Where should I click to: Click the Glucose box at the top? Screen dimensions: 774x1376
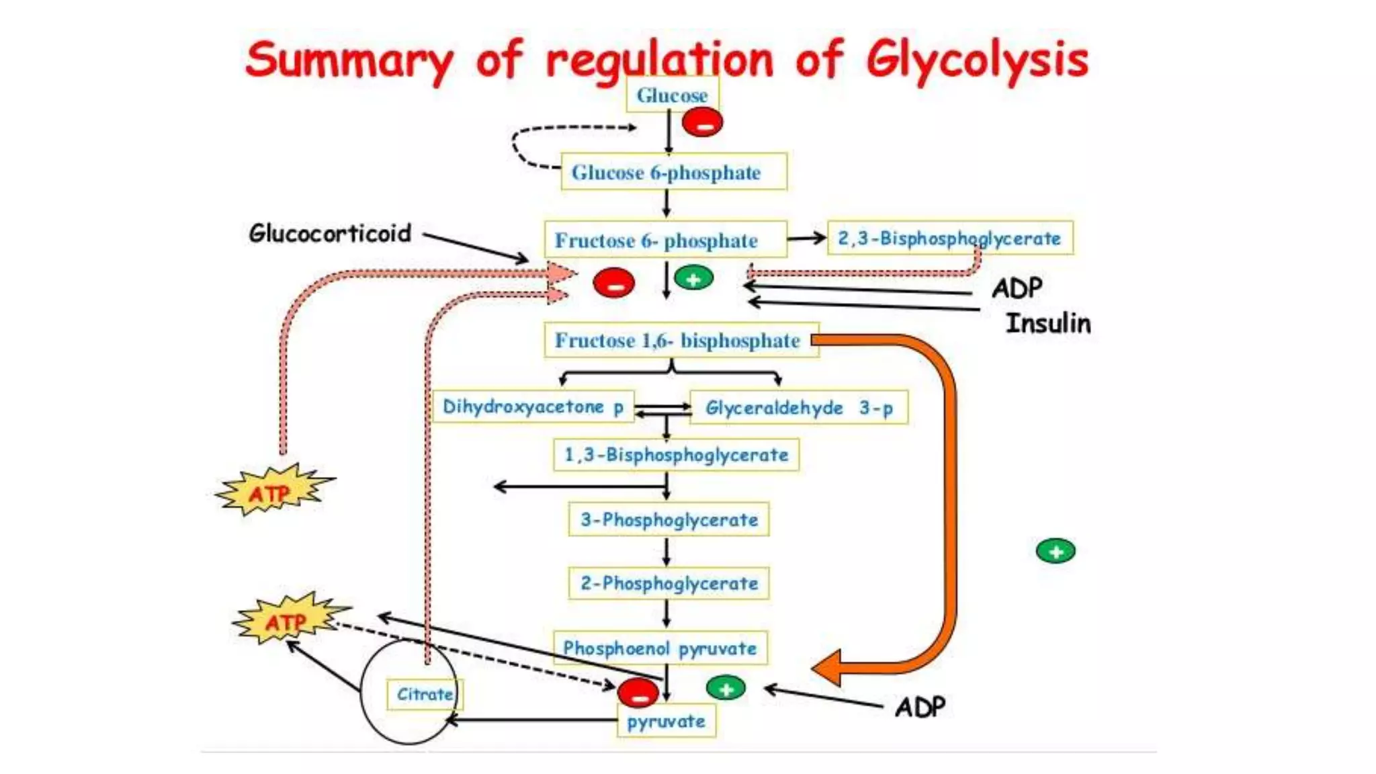click(672, 95)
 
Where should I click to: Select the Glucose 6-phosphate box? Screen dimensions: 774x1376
click(673, 172)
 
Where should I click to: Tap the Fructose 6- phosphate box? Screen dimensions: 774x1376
click(665, 240)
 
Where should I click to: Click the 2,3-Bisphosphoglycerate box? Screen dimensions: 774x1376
click(949, 238)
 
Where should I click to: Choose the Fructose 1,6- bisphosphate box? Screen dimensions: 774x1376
click(681, 341)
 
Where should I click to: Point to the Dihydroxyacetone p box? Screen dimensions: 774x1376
click(533, 407)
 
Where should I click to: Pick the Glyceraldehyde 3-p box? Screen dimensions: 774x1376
click(799, 408)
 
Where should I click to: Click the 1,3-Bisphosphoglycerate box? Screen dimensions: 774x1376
click(676, 455)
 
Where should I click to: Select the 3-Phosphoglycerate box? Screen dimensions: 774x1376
click(669, 519)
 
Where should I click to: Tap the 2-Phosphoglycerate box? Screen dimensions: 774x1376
click(669, 583)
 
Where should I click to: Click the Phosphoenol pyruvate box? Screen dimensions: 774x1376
click(660, 648)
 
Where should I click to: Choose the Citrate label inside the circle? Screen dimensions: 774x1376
click(425, 694)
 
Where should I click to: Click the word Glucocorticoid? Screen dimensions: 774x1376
click(330, 233)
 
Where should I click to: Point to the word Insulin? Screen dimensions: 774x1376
click(1047, 323)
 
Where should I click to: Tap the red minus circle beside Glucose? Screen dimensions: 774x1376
click(702, 124)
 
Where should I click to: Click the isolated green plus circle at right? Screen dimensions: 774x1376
click(1056, 552)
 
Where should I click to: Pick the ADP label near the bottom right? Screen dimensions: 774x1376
click(920, 707)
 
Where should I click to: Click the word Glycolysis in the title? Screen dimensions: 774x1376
click(976, 59)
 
